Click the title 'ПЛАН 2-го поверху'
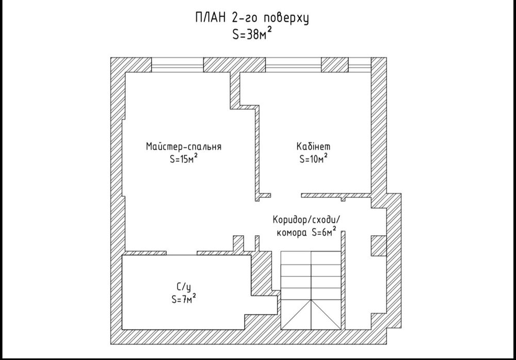[x=252, y=18]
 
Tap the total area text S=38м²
[x=252, y=34]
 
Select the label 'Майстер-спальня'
[x=184, y=146]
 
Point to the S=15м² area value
[x=184, y=159]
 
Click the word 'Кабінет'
[x=313, y=146]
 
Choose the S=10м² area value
[x=313, y=159]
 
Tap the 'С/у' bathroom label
[x=184, y=287]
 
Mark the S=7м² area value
[x=184, y=299]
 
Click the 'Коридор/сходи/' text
[x=306, y=220]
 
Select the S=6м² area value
[x=324, y=232]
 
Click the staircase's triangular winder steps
[x=311, y=314]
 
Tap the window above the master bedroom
[x=178, y=65]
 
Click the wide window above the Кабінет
[x=293, y=65]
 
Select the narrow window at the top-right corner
[x=360, y=65]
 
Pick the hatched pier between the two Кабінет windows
[x=335, y=65]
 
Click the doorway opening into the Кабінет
[x=286, y=195]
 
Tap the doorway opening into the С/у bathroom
[x=181, y=253]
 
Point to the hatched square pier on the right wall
[x=379, y=246]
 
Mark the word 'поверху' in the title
[x=286, y=19]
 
